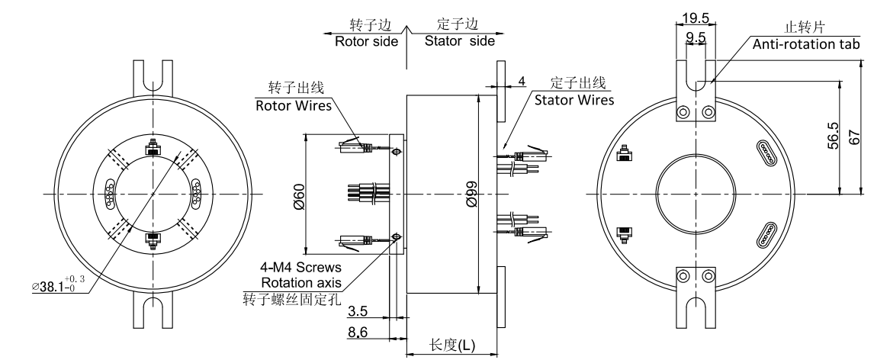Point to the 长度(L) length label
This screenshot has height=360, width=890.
tap(452, 346)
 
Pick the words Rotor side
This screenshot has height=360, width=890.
tap(366, 41)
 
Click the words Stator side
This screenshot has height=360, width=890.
tap(460, 41)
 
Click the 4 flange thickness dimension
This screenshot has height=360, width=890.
tap(521, 80)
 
